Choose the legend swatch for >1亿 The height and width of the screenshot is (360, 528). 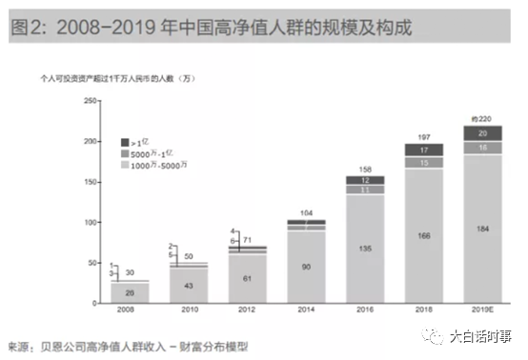tap(123, 141)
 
